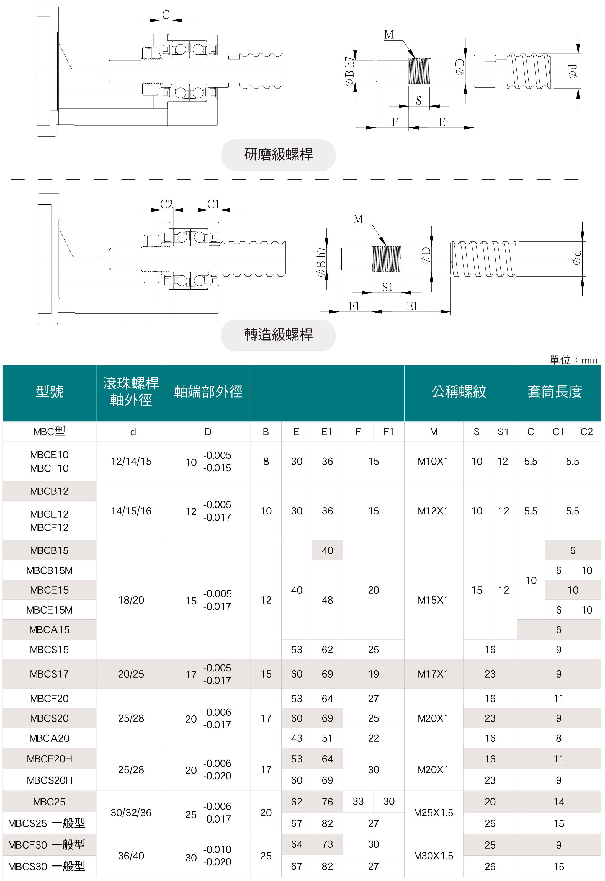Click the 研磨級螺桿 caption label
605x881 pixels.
[x=278, y=155]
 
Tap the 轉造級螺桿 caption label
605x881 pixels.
[x=278, y=335]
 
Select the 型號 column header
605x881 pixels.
[x=49, y=391]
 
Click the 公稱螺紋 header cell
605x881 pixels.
[x=459, y=391]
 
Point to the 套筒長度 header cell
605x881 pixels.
[x=554, y=391]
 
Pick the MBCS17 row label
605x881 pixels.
[x=49, y=674]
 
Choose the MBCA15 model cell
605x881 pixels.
[x=49, y=629]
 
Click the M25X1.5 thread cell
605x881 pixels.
[x=433, y=812]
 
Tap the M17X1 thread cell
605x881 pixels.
[x=433, y=674]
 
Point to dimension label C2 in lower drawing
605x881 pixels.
[x=166, y=204]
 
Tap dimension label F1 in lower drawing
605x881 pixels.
[x=354, y=306]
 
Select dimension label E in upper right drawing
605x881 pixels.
[x=442, y=122]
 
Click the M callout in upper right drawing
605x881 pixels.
[x=389, y=35]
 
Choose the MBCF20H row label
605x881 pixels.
[x=49, y=759]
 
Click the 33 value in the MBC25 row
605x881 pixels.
[x=358, y=801]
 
